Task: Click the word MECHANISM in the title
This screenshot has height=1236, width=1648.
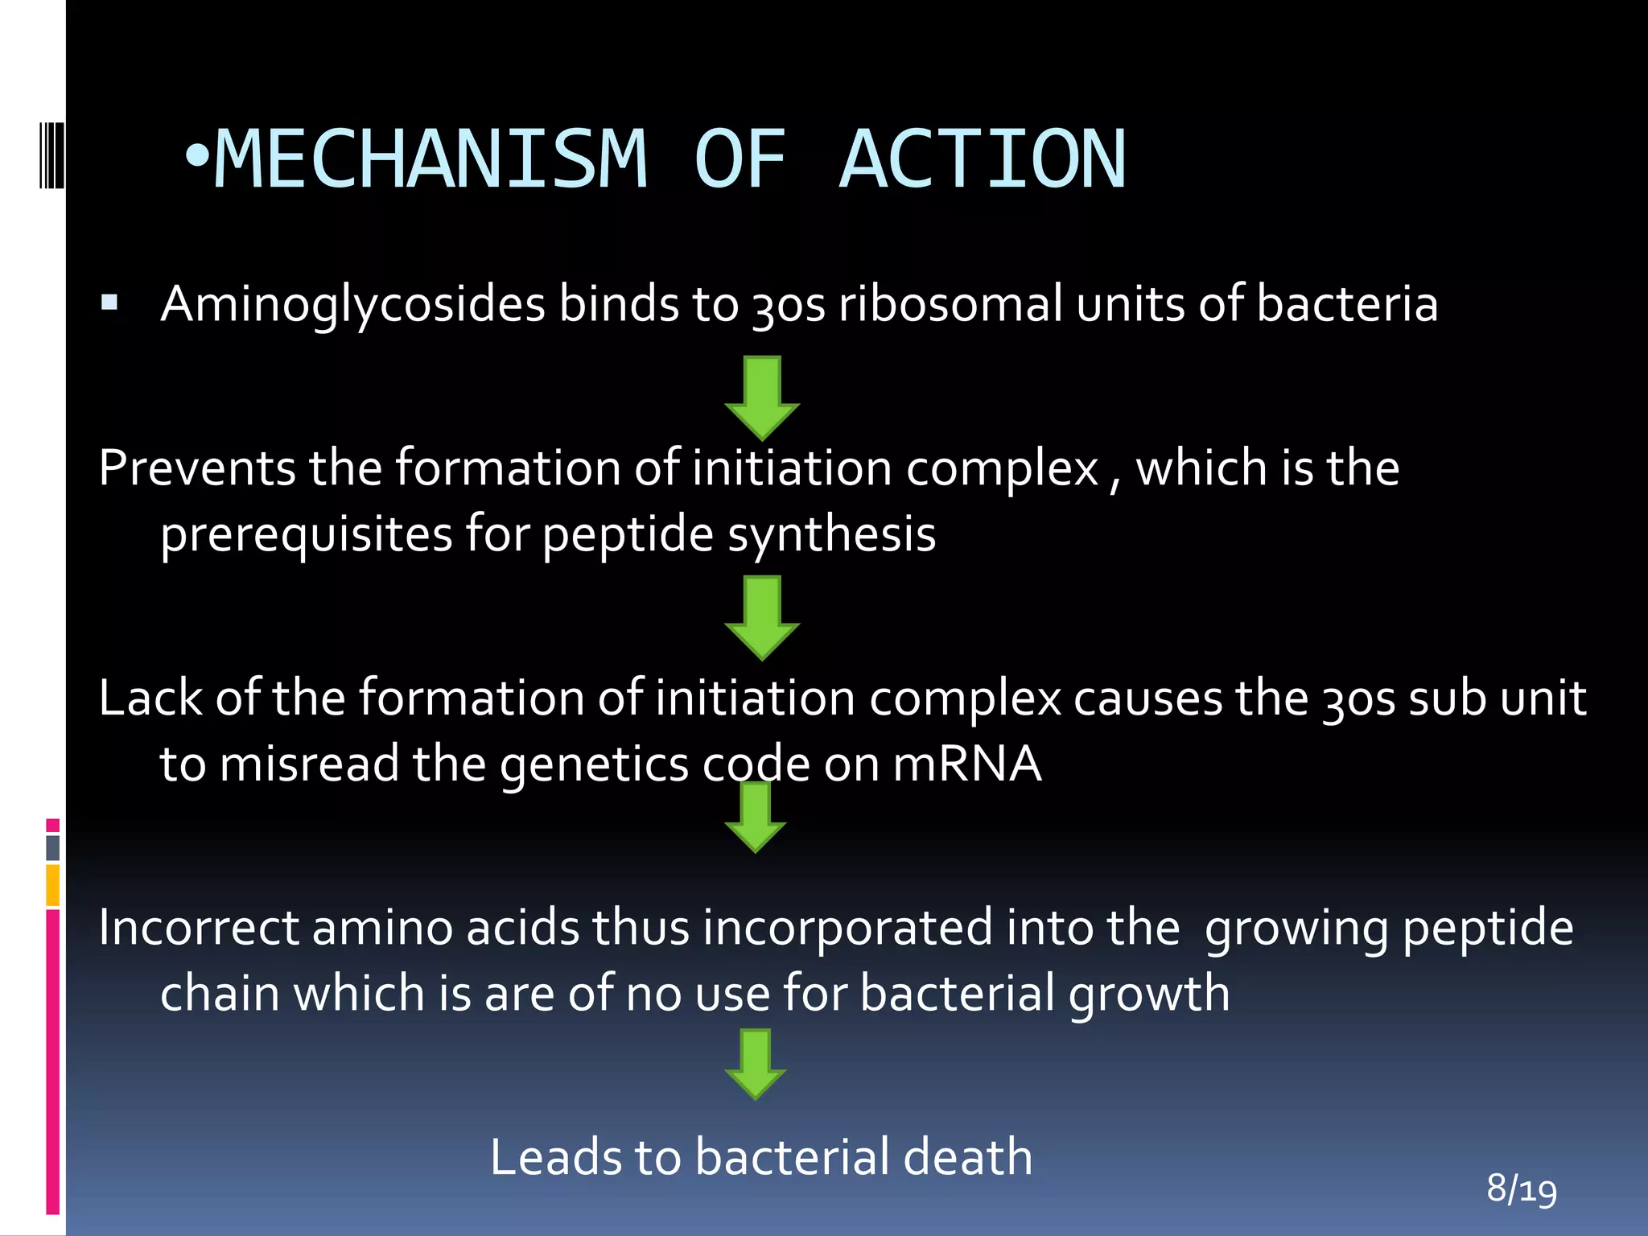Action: point(431,159)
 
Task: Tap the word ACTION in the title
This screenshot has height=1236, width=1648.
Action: point(983,159)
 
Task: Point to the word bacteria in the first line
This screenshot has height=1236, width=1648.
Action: point(1346,304)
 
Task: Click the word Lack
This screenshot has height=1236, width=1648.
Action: point(150,698)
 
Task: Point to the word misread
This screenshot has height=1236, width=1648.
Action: point(309,764)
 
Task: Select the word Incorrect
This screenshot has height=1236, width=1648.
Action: point(199,928)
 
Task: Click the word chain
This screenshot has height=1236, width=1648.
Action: point(220,994)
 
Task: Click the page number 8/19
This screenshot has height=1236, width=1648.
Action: point(1521,1189)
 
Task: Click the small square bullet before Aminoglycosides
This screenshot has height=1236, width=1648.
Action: point(110,303)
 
